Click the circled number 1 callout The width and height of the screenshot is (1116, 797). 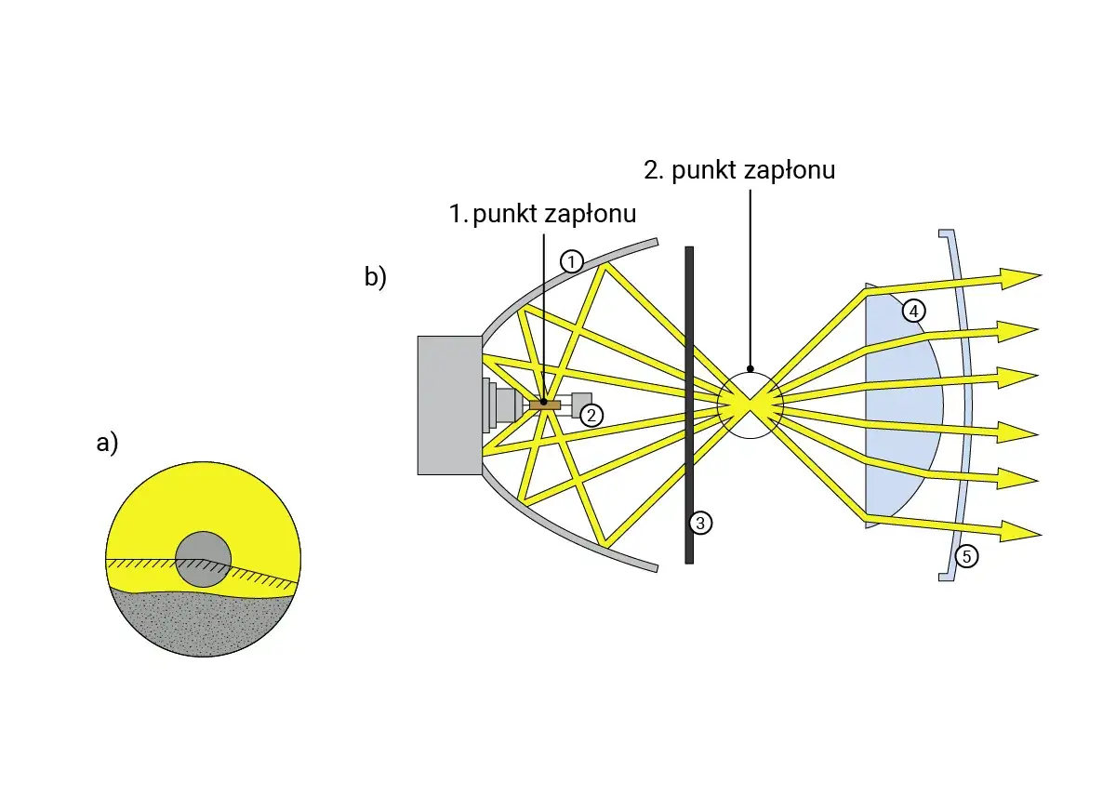[571, 261]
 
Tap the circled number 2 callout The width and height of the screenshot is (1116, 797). [591, 416]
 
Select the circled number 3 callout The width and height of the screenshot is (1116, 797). [700, 523]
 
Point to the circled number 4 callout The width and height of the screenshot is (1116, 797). [913, 312]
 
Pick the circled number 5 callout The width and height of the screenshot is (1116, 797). [966, 556]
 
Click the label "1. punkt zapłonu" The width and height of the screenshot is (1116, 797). [542, 214]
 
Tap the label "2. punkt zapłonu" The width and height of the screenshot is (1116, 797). [739, 170]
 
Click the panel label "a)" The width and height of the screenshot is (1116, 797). [107, 443]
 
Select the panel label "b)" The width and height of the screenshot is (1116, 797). [375, 277]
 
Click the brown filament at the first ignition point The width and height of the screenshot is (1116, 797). [545, 405]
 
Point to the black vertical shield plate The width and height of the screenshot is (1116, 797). [689, 405]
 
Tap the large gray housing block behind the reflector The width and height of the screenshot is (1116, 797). [449, 405]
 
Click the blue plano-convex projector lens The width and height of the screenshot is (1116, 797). [902, 405]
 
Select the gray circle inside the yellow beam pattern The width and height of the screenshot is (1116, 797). [204, 559]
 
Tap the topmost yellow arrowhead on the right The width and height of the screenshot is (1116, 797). [1020, 278]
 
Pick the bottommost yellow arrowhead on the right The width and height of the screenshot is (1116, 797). [1020, 532]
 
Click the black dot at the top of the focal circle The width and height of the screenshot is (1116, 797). [751, 369]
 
